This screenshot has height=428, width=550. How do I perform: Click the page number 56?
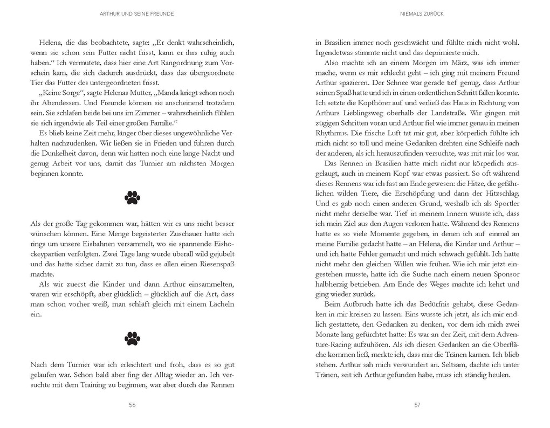(132, 405)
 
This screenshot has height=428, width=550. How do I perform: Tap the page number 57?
(417, 405)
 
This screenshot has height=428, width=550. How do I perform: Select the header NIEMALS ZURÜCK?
(417, 15)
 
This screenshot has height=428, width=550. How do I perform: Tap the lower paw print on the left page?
(132, 338)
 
